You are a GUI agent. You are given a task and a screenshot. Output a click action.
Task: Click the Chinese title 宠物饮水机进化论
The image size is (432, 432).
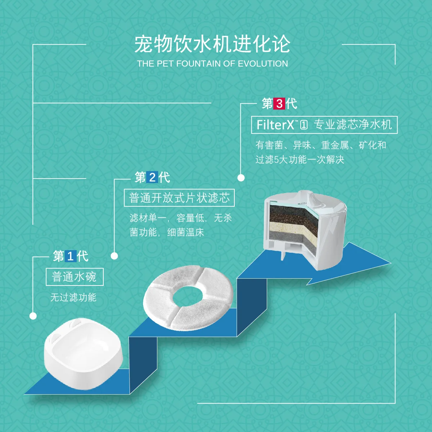pyautogui.click(x=212, y=45)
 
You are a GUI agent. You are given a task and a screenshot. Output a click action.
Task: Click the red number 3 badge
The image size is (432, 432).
pyautogui.click(x=279, y=104)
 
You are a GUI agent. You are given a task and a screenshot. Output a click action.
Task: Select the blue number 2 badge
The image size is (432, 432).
pyautogui.click(x=152, y=177)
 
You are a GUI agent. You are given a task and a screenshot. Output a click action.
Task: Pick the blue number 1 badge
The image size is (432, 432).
pyautogui.click(x=71, y=256)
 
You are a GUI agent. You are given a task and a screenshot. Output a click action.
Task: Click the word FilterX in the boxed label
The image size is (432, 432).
pyautogui.click(x=275, y=125)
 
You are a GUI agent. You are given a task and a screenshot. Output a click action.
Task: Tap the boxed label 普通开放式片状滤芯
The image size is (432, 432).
pyautogui.click(x=179, y=198)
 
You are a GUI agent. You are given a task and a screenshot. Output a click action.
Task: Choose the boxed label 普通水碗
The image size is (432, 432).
pyautogui.click(x=75, y=277)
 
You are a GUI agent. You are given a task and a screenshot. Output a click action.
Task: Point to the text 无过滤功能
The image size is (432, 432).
pyautogui.click(x=73, y=297)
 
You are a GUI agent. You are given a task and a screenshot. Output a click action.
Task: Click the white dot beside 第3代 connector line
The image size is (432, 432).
pyautogui.click(x=241, y=177)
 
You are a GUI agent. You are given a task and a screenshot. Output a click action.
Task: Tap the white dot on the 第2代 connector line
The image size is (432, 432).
pyautogui.click(x=114, y=256)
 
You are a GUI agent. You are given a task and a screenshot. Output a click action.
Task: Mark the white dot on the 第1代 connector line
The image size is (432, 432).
pyautogui.click(x=33, y=316)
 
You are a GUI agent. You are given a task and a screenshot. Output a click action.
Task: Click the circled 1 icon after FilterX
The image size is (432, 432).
pyautogui.click(x=304, y=125)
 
